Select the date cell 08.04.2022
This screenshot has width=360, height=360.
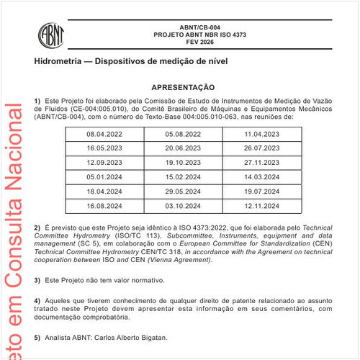[104, 134]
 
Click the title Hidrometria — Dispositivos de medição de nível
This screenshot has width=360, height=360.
[131, 63]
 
